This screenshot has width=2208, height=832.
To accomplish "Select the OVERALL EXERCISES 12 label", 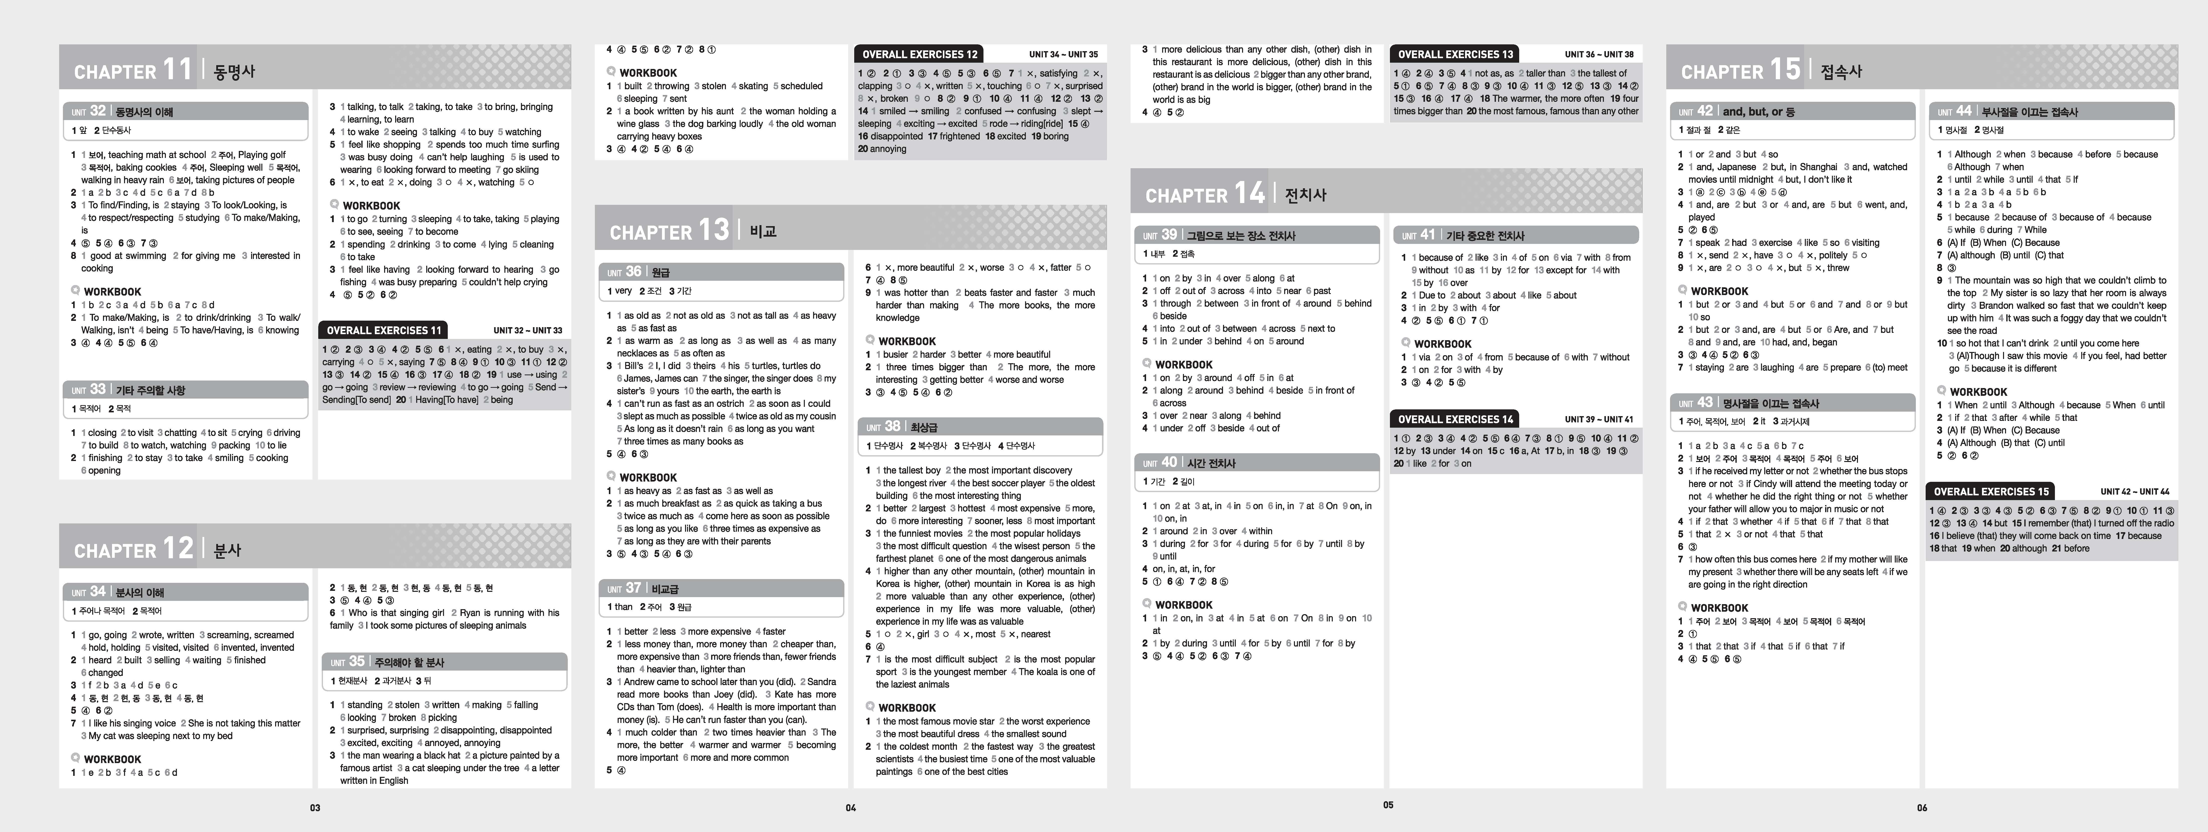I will click(x=919, y=54).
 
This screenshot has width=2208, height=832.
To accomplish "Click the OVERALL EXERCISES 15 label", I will click(x=1990, y=492).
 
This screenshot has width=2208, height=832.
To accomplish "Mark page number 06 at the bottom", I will click(x=1922, y=807).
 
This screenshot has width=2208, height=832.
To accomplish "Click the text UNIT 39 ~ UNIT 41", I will click(x=1599, y=419).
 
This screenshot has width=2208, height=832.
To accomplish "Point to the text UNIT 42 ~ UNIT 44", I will click(x=2134, y=492).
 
